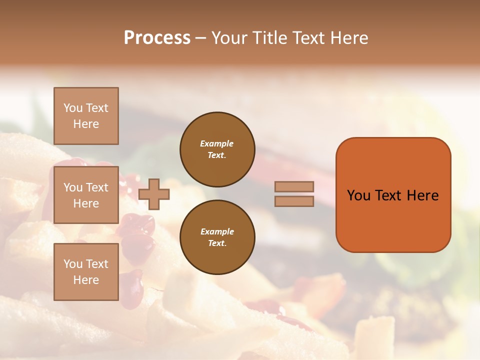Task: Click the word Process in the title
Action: (x=157, y=38)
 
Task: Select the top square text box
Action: (x=86, y=116)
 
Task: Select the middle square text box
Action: (x=86, y=195)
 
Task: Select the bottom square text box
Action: (x=86, y=272)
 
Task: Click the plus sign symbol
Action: (x=154, y=194)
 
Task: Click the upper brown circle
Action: (x=217, y=149)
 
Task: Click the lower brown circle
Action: (x=217, y=237)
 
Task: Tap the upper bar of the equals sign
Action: (x=294, y=187)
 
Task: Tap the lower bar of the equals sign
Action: (x=294, y=201)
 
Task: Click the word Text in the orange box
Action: (x=389, y=195)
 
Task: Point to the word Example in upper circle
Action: (x=216, y=143)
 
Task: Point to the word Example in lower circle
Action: (x=216, y=231)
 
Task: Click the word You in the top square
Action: (x=73, y=108)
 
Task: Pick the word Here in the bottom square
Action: (x=86, y=280)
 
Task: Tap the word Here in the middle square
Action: (x=86, y=203)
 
